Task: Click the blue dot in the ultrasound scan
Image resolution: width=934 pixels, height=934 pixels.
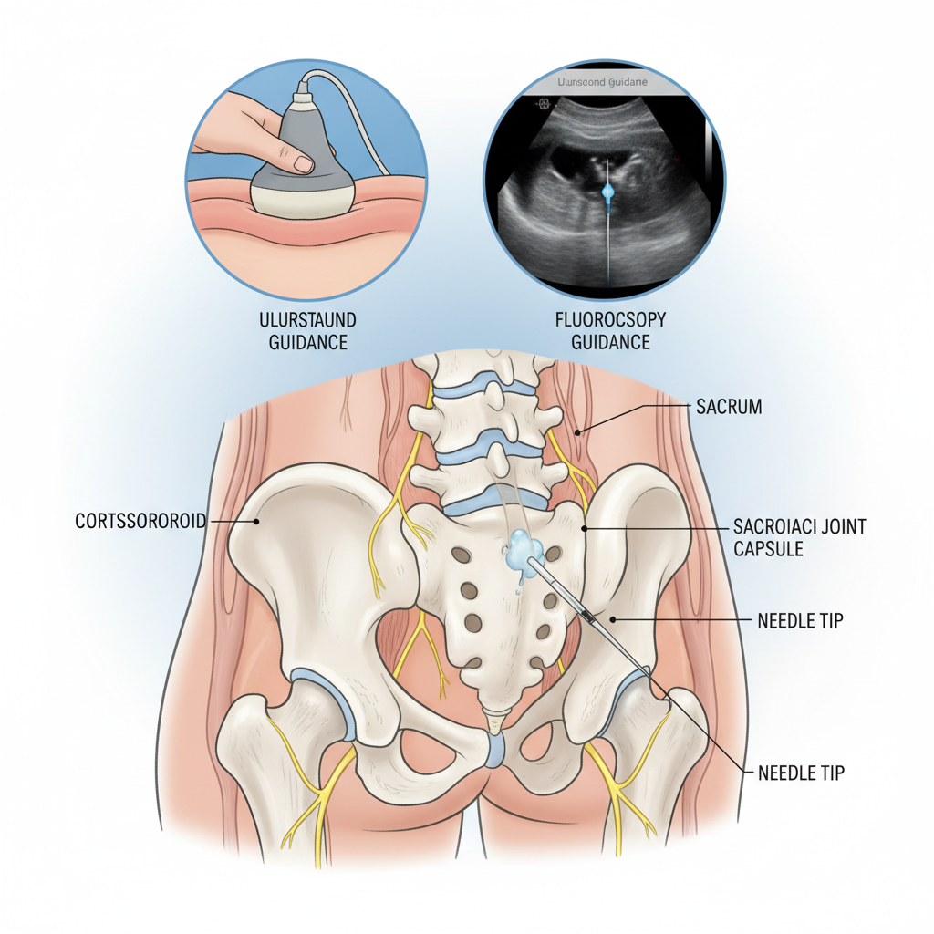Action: pyautogui.click(x=608, y=189)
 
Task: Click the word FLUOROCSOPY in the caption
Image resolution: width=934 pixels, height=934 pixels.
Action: pyautogui.click(x=610, y=321)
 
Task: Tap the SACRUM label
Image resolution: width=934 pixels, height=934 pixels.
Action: pyautogui.click(x=728, y=407)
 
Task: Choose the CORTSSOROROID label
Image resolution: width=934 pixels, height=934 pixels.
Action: pyautogui.click(x=139, y=522)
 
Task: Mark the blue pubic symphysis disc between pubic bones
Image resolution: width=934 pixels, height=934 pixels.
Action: pyautogui.click(x=495, y=750)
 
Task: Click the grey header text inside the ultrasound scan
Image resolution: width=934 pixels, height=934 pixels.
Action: pyautogui.click(x=597, y=82)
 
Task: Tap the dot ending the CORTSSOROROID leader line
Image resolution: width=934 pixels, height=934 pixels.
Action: pyautogui.click(x=258, y=523)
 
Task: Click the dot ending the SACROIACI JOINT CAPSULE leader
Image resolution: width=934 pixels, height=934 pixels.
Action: pyautogui.click(x=583, y=526)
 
